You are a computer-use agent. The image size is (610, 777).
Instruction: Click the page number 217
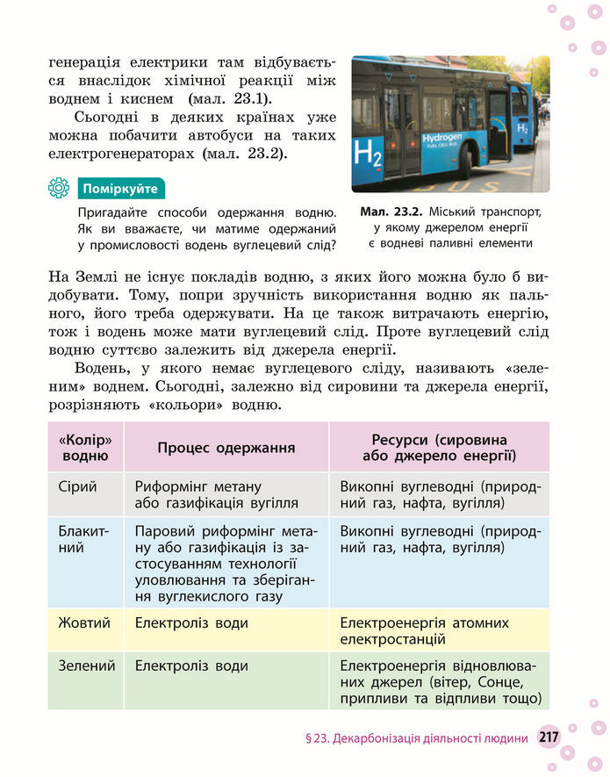pos(549,737)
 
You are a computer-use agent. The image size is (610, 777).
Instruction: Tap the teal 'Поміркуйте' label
pos(120,188)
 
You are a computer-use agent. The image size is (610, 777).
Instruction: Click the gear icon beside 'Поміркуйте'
pos(59,187)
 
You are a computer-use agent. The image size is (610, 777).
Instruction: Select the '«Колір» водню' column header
pos(85,448)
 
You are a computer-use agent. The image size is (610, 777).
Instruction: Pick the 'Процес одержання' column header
pos(226,448)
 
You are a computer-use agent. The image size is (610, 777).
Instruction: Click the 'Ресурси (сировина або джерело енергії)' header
pos(439,448)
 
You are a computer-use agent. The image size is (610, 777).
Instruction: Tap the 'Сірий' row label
pos(77,486)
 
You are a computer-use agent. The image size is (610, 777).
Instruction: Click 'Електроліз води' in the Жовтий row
pos(191,623)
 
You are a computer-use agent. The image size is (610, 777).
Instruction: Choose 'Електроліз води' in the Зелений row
pos(191,666)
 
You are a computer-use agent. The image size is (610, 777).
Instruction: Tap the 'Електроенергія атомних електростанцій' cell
pos(424,631)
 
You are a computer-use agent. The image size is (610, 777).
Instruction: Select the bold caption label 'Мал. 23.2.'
pos(392,212)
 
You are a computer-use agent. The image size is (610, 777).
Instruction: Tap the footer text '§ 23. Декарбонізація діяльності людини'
pos(411,737)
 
